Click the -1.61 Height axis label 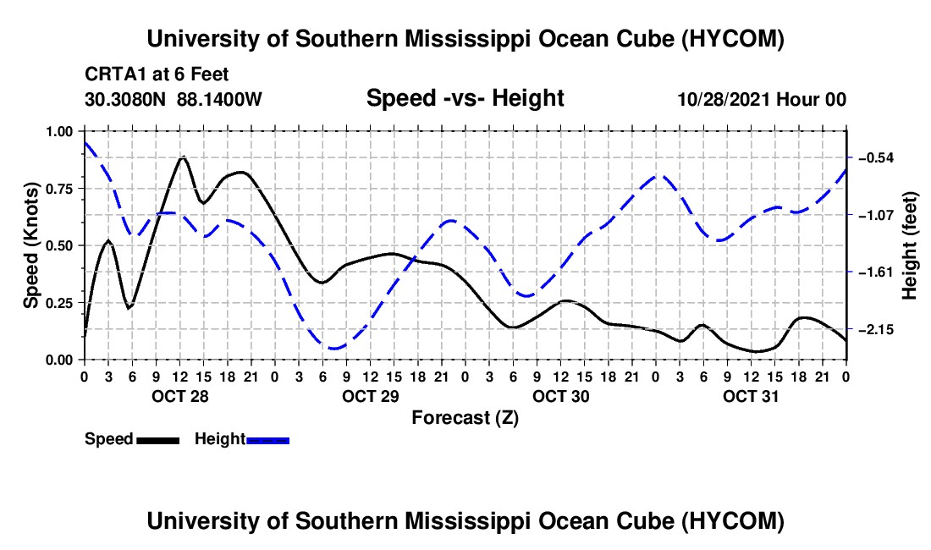(875, 272)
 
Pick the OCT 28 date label (180, 396)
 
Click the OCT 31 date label (751, 396)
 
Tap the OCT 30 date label (560, 396)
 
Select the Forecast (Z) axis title (465, 418)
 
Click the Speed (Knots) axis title (30, 245)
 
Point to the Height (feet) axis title (909, 245)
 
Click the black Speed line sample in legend (158, 441)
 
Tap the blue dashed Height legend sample (267, 441)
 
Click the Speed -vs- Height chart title (465, 98)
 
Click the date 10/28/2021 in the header (724, 99)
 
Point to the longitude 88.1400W (219, 99)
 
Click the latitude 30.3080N (125, 99)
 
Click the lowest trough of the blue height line (333, 348)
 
